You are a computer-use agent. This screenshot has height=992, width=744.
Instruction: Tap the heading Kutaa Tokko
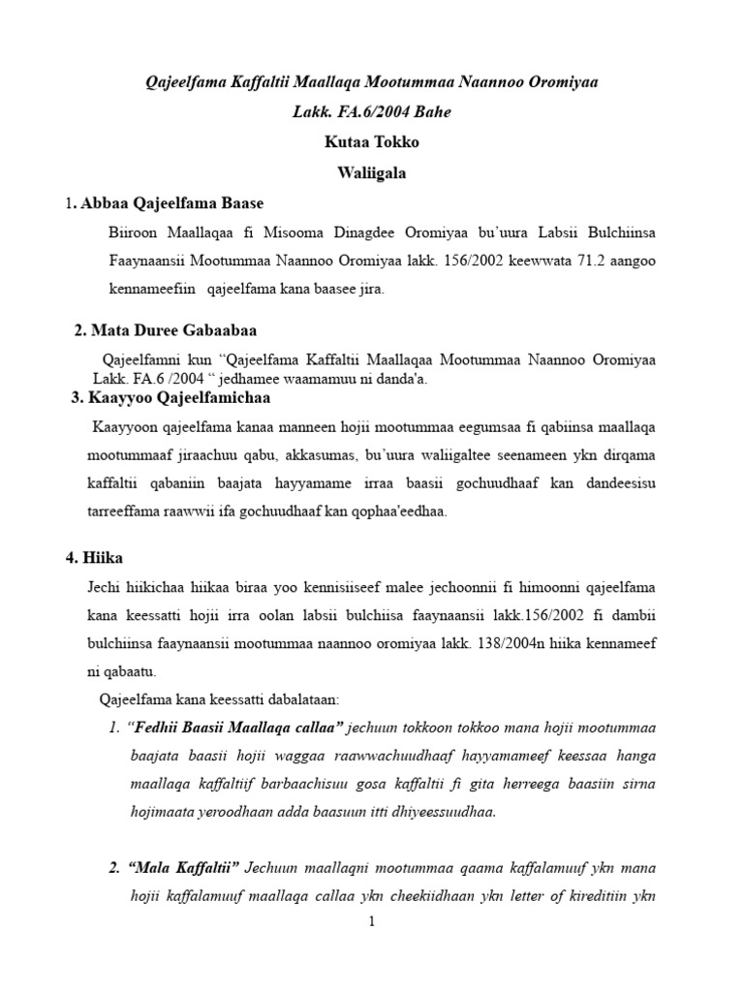click(x=371, y=142)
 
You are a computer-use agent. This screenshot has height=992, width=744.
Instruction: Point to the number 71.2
click(x=558, y=262)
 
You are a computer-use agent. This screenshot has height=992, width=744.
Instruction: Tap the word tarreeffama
click(x=121, y=511)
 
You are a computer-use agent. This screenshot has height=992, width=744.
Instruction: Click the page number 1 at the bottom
click(x=371, y=922)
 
